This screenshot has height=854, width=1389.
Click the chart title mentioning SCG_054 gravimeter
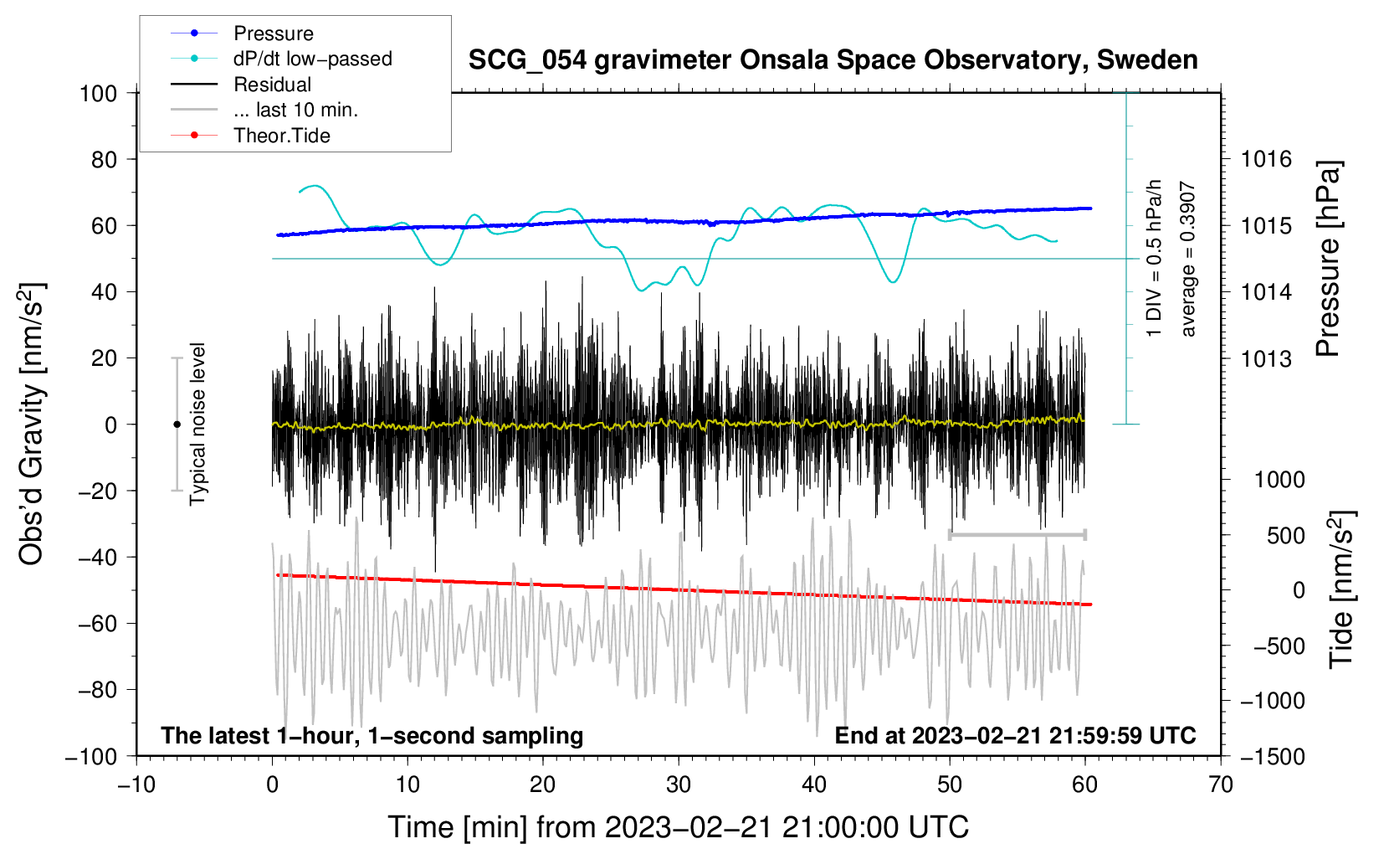tap(833, 60)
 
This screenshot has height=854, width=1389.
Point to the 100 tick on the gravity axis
tap(99, 94)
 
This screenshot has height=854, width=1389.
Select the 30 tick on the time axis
tap(679, 785)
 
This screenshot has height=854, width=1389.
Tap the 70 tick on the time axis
tap(1220, 785)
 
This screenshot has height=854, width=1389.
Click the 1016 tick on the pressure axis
tap(1266, 160)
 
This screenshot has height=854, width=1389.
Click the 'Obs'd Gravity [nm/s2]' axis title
tap(31, 424)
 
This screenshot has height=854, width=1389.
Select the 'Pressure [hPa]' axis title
tap(1328, 259)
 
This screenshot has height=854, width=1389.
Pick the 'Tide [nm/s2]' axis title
tap(1342, 589)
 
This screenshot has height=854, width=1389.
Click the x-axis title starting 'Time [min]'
tap(679, 827)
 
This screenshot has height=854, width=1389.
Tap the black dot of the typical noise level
tap(177, 424)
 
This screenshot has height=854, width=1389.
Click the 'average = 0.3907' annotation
tap(1187, 259)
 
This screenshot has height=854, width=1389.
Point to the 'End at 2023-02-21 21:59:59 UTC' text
tap(1015, 735)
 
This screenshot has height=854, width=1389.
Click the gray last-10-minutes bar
tap(1017, 534)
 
